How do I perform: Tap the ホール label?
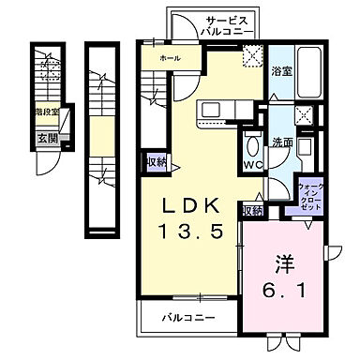tap(170, 58)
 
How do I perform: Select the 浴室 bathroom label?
tap(280, 69)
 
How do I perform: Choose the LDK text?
tap(196, 206)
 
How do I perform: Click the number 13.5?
tap(196, 232)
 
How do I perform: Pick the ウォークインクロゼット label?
tap(310, 196)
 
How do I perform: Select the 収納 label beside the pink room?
tap(251, 211)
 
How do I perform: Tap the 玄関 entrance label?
tap(47, 138)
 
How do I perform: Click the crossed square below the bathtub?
tap(305, 116)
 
